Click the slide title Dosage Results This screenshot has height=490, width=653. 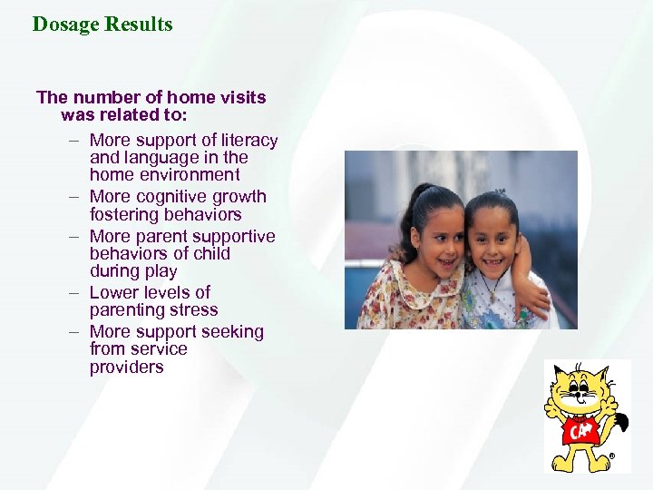(x=102, y=24)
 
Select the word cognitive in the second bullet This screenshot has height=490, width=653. (x=178, y=197)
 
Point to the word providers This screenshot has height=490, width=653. (x=126, y=367)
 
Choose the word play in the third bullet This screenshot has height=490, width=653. (x=160, y=271)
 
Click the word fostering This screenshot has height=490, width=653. (x=126, y=215)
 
